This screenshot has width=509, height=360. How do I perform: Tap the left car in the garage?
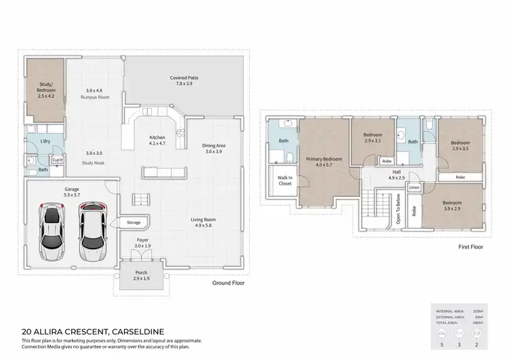(51, 230)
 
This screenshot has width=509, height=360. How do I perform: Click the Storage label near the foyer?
(133, 222)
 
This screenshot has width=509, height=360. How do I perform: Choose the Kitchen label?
(157, 141)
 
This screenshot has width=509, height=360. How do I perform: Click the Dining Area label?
(213, 147)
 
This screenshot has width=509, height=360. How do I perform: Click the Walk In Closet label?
(284, 181)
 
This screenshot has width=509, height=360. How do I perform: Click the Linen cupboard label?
(414, 187)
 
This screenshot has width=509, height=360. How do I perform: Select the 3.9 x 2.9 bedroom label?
(452, 205)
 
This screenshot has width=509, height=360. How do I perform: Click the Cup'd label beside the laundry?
(56, 160)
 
